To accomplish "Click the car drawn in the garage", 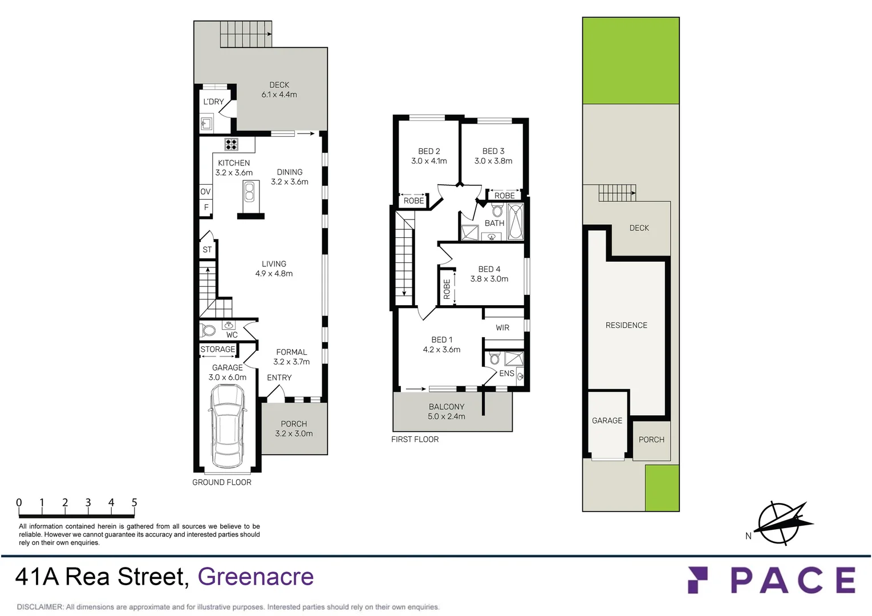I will coord(228,425).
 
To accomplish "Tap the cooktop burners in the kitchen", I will coord(231,144).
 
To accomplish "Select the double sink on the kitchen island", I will coord(249,192).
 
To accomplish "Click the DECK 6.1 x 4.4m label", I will coord(279,90).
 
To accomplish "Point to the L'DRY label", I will coord(213,102).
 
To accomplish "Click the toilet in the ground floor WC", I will coord(208,330).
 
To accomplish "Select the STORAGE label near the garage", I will coord(217,349).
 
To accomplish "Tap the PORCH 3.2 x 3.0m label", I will coord(294,429).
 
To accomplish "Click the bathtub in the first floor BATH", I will coord(515,222).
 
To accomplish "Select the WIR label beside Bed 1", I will coord(502,328).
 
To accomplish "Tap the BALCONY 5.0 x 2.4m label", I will coord(447,411).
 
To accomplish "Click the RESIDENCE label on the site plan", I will coord(626,325).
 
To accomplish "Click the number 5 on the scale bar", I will coord(135,502).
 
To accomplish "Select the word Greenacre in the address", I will coord(255,577).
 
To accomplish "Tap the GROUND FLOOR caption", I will coord(222,483).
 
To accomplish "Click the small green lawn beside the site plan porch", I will coord(662,488).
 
